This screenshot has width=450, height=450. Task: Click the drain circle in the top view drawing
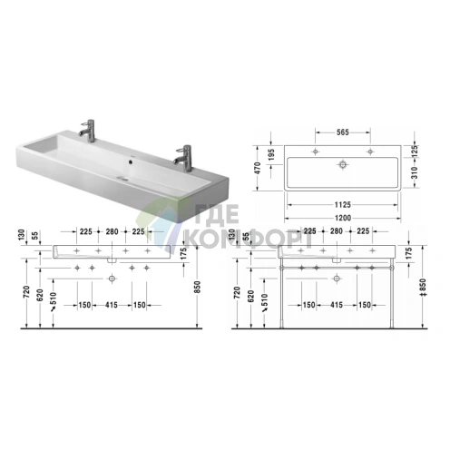[344, 165]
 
